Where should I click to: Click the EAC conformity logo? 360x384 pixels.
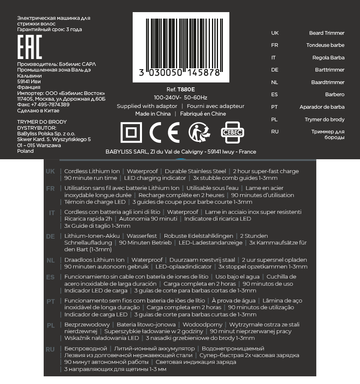(x=30, y=47)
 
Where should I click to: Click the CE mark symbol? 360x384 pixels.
(x=164, y=132)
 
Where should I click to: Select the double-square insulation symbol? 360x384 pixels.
(x=131, y=132)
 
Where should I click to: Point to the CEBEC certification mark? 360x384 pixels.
(x=233, y=132)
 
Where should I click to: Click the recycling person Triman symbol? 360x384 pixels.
(x=199, y=132)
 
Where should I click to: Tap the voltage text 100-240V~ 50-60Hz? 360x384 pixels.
(x=180, y=97)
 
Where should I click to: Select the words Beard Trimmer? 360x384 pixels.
(x=326, y=33)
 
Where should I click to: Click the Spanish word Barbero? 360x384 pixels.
(x=335, y=95)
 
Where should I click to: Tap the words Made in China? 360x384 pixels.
(x=153, y=114)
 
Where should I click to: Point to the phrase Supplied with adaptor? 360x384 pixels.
(x=147, y=106)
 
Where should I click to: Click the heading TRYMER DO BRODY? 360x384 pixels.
(x=42, y=122)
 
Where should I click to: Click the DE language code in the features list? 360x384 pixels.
(x=50, y=236)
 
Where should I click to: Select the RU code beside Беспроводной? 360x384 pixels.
(x=50, y=349)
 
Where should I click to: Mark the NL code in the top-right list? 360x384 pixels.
(x=274, y=82)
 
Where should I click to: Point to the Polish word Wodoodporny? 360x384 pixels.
(x=202, y=325)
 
